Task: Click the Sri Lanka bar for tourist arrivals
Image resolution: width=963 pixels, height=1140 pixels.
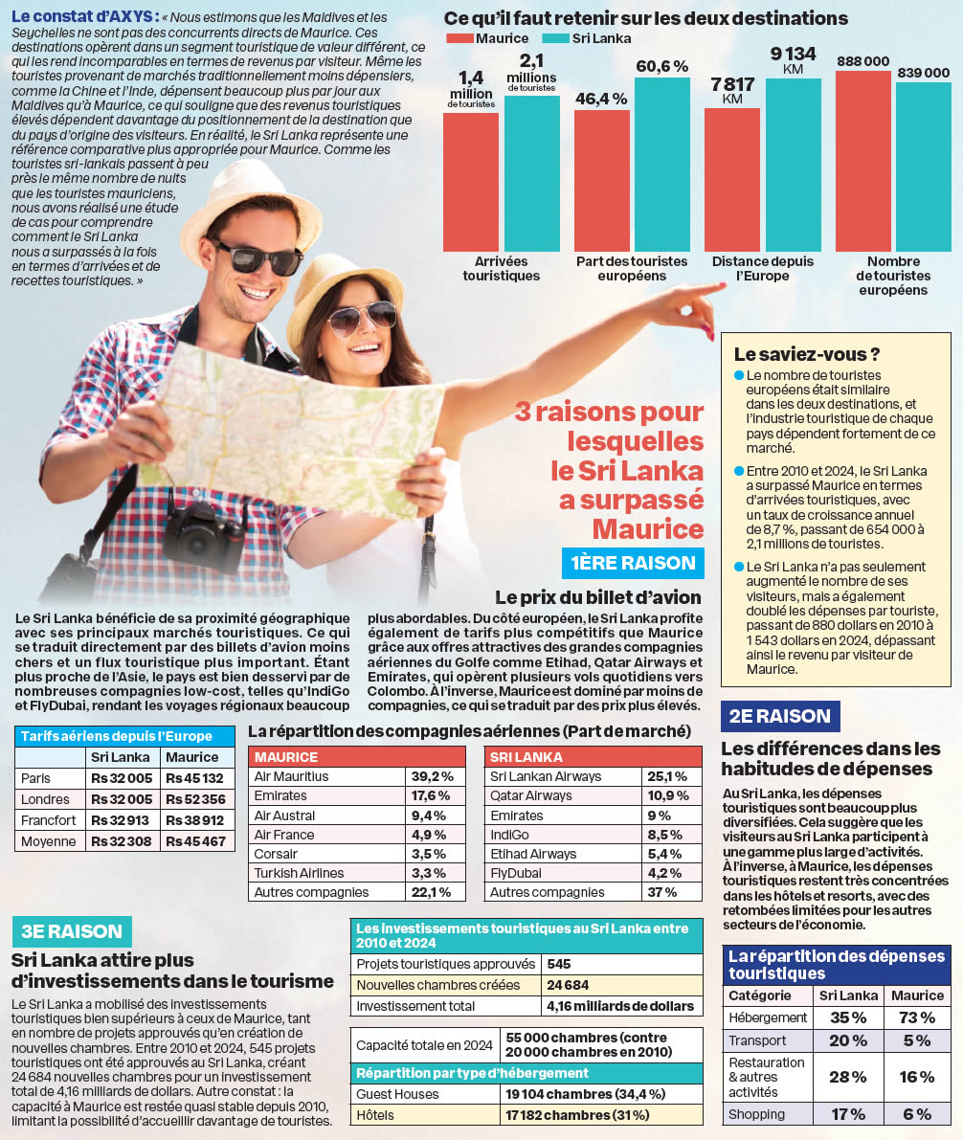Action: click(531, 172)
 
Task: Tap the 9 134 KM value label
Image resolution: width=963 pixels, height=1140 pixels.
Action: click(793, 60)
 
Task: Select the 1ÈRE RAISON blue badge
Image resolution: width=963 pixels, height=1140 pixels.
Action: click(632, 563)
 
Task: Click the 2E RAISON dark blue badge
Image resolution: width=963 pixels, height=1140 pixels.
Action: click(781, 716)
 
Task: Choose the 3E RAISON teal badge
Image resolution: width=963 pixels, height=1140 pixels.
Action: click(71, 930)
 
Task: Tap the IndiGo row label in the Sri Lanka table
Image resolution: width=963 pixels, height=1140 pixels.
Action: click(506, 835)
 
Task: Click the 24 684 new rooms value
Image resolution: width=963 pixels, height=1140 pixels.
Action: click(568, 985)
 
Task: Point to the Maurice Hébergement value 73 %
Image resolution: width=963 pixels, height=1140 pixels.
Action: click(917, 1017)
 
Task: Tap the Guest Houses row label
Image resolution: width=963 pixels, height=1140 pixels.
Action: click(397, 1094)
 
